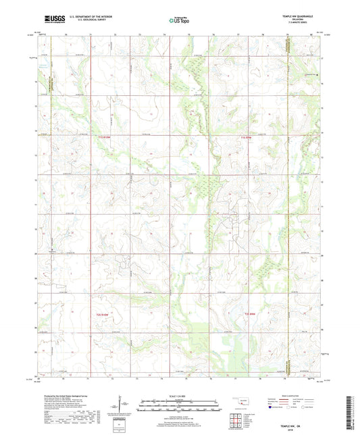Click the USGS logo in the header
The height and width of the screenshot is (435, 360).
coord(53,20)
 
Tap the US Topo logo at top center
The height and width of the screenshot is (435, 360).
coord(178,20)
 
